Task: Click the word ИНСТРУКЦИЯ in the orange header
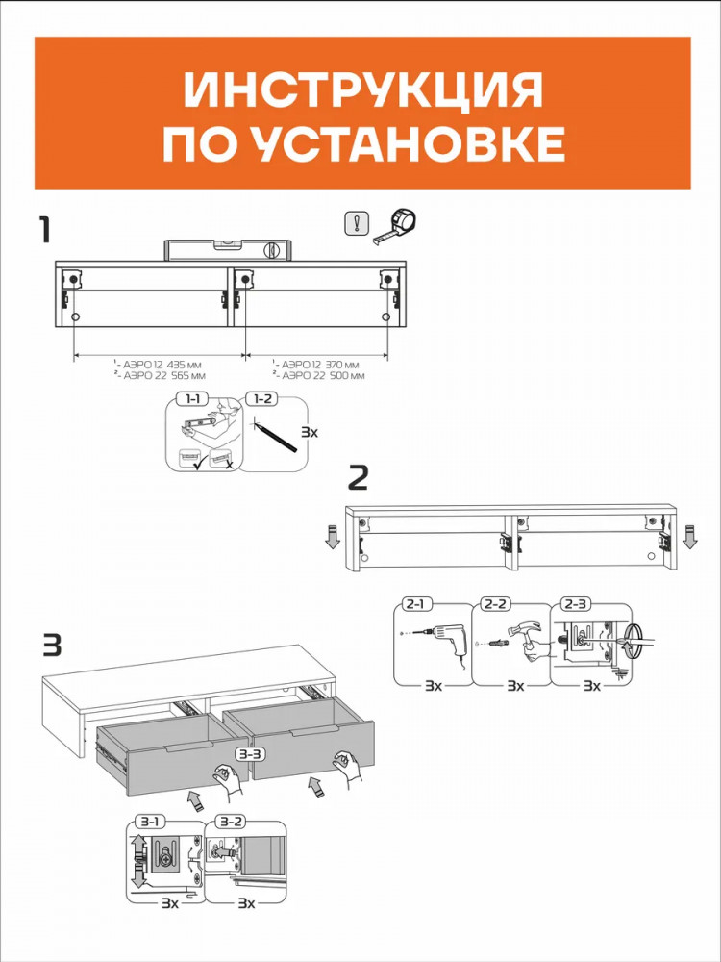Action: (363, 89)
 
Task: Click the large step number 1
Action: (45, 230)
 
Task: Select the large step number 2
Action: (358, 478)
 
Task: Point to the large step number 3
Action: (52, 646)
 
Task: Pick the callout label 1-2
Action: (262, 399)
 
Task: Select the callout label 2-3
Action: (574, 604)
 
